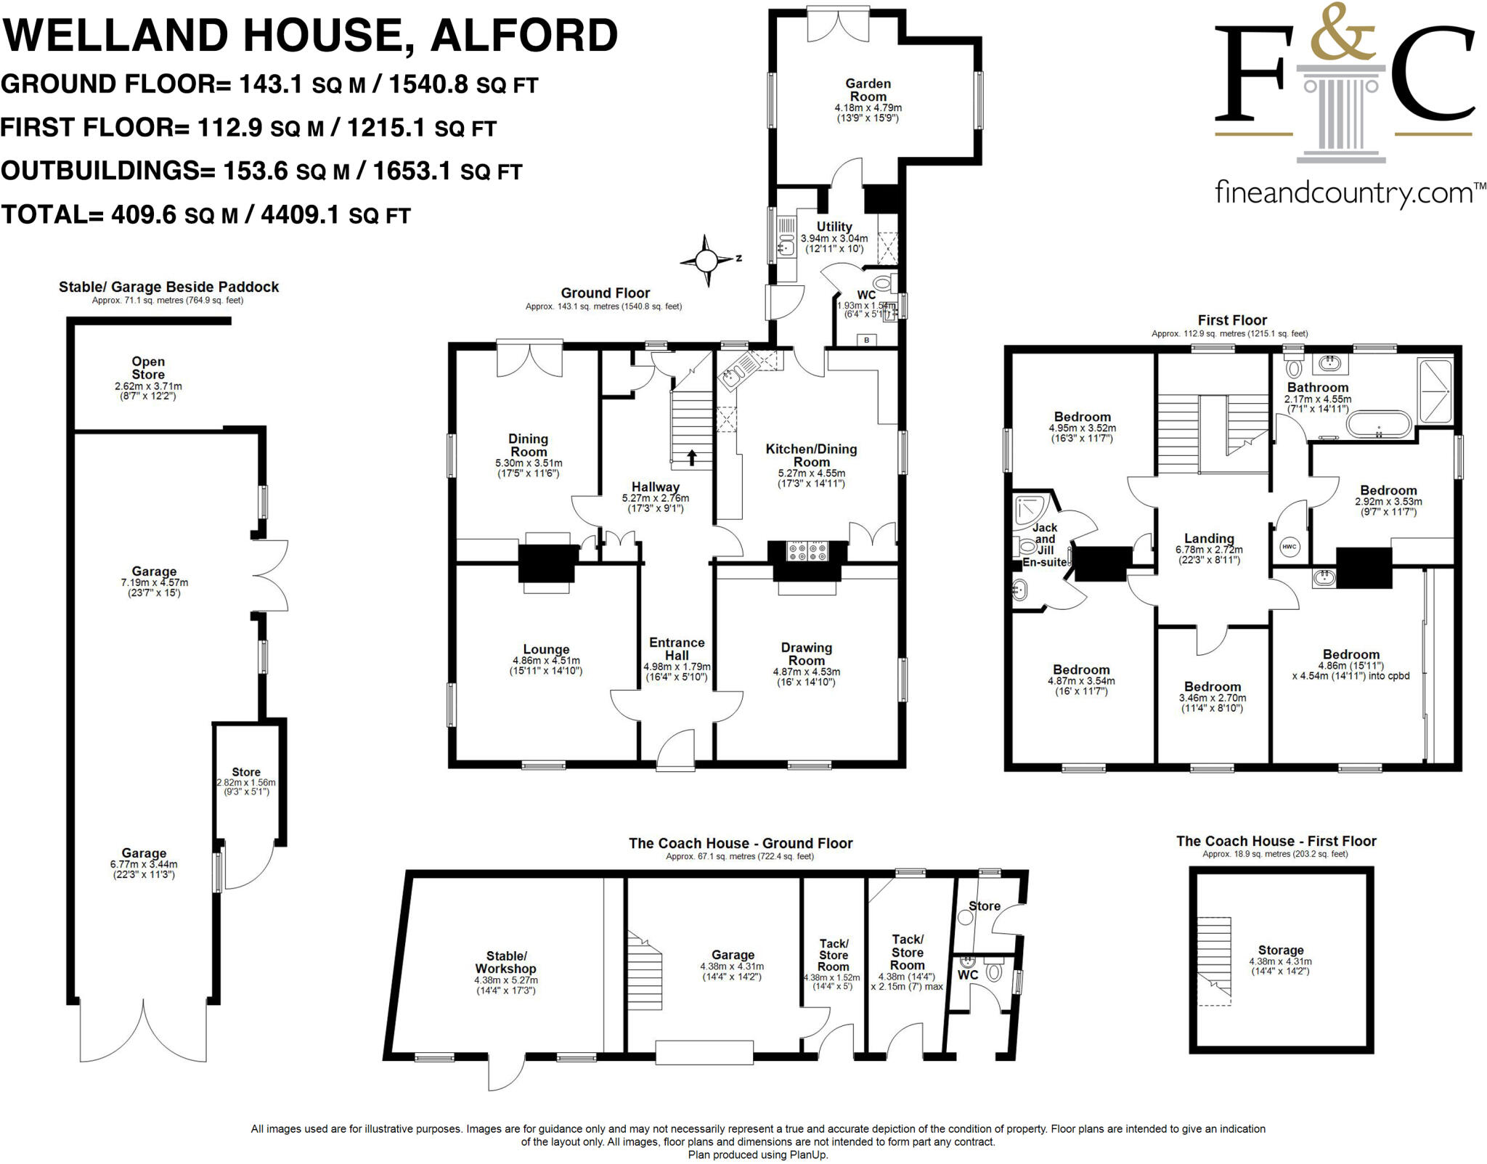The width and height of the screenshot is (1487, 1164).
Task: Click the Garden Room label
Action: click(x=868, y=90)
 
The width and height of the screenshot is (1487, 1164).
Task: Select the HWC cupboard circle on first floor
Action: click(x=1289, y=547)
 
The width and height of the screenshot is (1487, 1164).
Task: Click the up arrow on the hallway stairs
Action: click(x=691, y=457)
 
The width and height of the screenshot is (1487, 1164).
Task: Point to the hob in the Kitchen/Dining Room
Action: click(x=808, y=551)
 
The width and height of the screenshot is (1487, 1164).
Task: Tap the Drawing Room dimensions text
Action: click(x=806, y=677)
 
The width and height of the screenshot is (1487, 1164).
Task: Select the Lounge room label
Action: click(x=546, y=649)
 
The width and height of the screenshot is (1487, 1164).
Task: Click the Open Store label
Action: click(x=148, y=367)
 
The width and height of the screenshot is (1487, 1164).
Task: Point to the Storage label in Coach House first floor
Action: click(x=1280, y=950)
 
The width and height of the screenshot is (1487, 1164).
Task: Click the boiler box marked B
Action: click(x=865, y=339)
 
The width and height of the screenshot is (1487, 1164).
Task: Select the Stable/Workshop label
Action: click(x=505, y=962)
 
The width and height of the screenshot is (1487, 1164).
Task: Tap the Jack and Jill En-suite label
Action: click(x=1044, y=545)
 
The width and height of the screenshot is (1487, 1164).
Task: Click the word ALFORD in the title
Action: click(x=523, y=35)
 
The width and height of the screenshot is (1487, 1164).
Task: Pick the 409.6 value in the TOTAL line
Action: click(x=143, y=215)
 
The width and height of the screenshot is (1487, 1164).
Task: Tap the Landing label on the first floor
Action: click(x=1209, y=538)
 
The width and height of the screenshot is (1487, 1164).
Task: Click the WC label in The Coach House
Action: click(x=967, y=974)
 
